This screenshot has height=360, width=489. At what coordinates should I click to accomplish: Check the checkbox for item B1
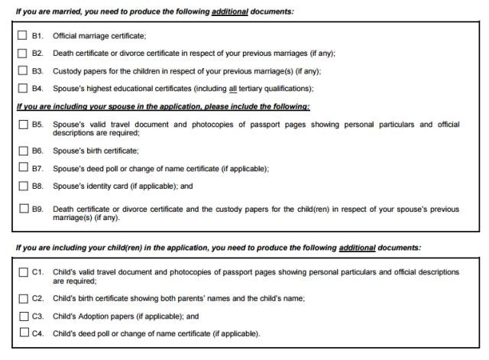tap(21, 36)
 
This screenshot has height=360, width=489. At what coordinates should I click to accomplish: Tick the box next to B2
tap(21, 54)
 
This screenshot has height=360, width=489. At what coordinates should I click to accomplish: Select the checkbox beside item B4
tap(21, 89)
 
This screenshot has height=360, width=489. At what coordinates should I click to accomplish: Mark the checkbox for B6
tap(21, 151)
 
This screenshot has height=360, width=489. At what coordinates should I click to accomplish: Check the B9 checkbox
tap(21, 209)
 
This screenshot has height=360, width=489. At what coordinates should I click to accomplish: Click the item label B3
tap(37, 71)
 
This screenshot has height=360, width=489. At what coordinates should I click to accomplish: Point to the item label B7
tap(37, 168)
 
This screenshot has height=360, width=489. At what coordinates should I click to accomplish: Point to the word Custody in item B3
tap(66, 71)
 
